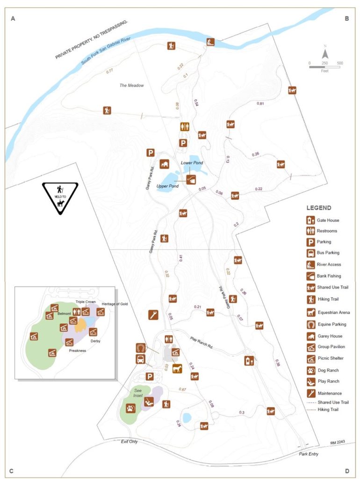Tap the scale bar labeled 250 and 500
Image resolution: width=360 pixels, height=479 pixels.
(x=324, y=67)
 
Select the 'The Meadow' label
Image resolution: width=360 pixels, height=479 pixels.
(x=131, y=85)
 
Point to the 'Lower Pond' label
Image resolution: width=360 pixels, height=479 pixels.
(x=191, y=162)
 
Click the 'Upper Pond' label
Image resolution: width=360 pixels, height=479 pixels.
(x=167, y=186)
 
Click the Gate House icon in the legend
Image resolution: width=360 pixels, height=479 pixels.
(x=310, y=220)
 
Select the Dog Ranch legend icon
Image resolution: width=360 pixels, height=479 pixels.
(x=310, y=370)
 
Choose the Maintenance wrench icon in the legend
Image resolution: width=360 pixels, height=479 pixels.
(x=310, y=393)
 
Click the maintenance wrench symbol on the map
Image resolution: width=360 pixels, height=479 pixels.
(x=153, y=315)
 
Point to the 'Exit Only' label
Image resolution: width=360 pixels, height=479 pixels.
(x=129, y=442)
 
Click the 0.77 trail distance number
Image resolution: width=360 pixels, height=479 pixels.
(x=110, y=71)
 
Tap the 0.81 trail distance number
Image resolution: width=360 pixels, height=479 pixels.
(x=261, y=103)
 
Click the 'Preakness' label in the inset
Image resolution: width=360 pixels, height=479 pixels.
(x=78, y=350)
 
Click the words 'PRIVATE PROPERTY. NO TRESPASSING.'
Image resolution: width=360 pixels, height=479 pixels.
(x=92, y=39)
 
